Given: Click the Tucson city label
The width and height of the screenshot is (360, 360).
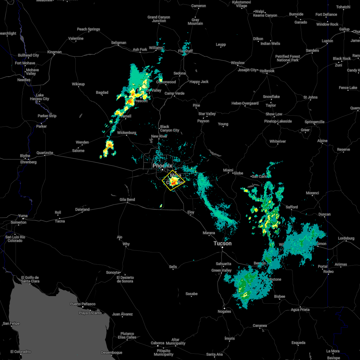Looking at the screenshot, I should pos(222,243).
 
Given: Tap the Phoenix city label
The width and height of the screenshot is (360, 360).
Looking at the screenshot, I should pos(162,166).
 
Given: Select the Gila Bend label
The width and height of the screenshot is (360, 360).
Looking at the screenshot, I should pos(127,199).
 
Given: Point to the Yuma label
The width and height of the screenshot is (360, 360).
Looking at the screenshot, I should pos(23,216).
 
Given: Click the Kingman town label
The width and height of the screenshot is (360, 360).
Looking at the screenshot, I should pos(54,52).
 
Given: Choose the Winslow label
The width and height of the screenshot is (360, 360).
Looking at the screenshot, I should pos(238,63).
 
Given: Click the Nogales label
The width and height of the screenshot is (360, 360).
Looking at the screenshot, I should pos(224,311).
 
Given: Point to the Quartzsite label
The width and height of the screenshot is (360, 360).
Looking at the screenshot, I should pos(45,153).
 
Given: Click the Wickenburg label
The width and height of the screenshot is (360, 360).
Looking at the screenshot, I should pos(127,133).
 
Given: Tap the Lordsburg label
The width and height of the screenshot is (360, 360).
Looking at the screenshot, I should pos(346,238).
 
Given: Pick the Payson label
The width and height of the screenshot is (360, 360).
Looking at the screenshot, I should pos(203,121).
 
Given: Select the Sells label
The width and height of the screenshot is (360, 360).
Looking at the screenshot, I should pos(173,267).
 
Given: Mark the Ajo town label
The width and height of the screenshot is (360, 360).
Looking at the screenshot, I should pos(119,237).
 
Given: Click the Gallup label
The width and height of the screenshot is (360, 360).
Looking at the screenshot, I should pos(344,29).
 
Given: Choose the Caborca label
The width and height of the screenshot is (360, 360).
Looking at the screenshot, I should pos(157,343).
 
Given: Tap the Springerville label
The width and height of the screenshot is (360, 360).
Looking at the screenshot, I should pos(314,122).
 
